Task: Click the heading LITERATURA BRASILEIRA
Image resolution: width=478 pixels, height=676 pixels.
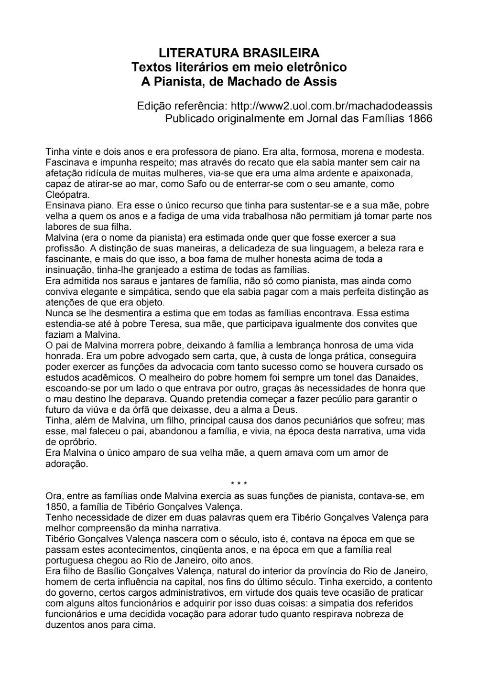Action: pos(239,52)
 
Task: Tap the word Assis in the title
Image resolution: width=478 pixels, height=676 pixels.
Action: pos(321,81)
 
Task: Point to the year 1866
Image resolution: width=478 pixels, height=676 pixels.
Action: pos(421,118)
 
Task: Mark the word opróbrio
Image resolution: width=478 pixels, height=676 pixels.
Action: pos(65,442)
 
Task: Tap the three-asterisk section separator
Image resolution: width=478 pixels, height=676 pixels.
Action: pos(239,484)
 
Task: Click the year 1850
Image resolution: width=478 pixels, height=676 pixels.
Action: pos(56,506)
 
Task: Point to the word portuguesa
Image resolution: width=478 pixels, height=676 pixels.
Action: pos(67,560)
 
